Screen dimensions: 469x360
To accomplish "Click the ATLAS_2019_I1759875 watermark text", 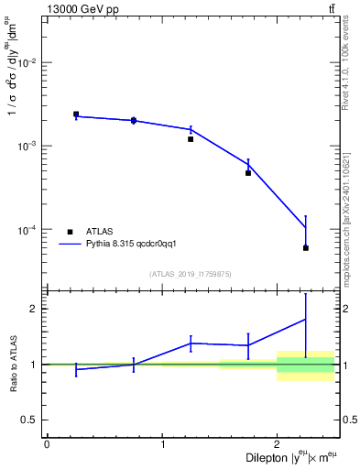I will (191, 274).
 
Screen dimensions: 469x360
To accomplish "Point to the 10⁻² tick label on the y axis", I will (28, 63).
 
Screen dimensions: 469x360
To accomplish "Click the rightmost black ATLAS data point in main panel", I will (306, 248).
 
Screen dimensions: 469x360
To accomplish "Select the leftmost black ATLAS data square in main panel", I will (76, 115).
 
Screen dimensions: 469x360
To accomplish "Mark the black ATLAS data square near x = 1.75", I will (248, 173).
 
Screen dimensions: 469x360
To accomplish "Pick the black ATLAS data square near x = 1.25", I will (191, 139).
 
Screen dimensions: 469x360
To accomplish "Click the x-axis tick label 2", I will (277, 444).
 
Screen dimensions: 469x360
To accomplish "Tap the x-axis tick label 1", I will (162, 444).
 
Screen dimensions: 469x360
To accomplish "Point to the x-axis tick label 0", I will (47, 444).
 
